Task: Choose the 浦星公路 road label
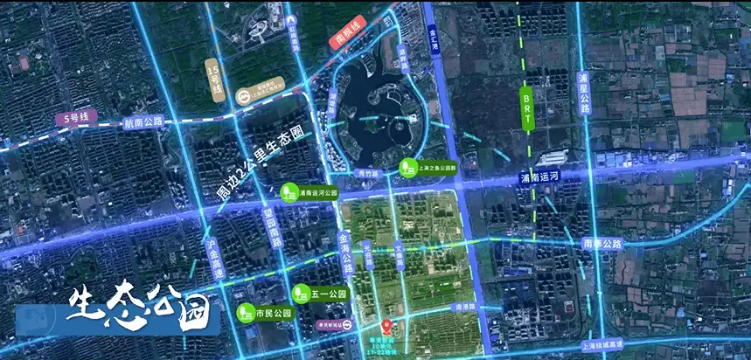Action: point(584,94)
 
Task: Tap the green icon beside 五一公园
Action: point(300,292)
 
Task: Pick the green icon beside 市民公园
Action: point(245,311)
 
